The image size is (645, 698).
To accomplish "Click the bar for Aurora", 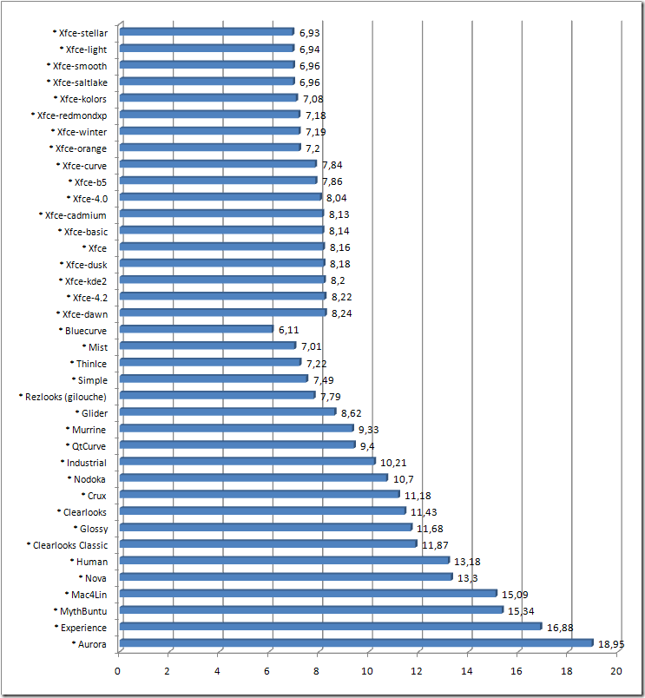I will [x=356, y=643].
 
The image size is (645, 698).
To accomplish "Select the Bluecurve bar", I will [x=196, y=329].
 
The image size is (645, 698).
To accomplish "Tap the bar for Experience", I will [x=330, y=626].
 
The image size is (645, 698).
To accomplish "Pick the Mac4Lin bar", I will [x=308, y=594].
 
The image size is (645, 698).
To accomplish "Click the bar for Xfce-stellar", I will [x=207, y=32].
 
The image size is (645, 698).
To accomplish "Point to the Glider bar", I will [x=227, y=412].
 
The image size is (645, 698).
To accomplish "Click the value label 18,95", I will [x=612, y=644].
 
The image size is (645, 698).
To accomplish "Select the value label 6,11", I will [x=288, y=330].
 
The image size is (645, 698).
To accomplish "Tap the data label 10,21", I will [x=394, y=463].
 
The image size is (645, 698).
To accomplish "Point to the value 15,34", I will [x=521, y=611].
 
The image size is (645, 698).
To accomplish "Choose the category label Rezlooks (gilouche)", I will [x=67, y=397].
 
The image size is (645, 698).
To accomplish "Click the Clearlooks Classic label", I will [x=70, y=545].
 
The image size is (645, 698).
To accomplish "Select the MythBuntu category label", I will [x=83, y=611].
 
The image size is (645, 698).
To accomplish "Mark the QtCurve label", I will [x=89, y=446].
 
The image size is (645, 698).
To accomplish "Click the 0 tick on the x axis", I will [x=118, y=671].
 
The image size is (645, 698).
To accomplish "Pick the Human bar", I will [x=284, y=561].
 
